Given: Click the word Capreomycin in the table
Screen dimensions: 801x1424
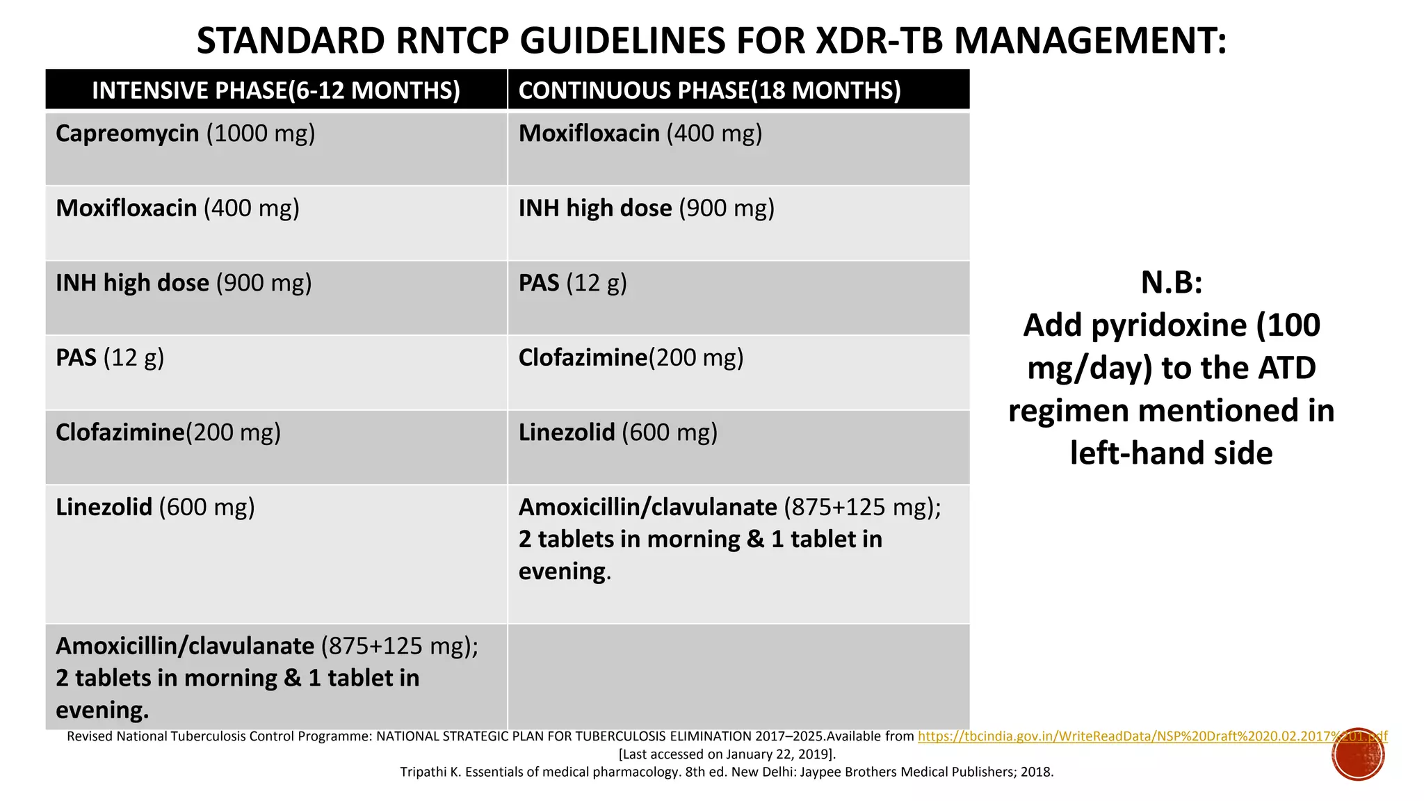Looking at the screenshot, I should [127, 133].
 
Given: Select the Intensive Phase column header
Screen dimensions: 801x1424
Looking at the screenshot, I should [276, 90].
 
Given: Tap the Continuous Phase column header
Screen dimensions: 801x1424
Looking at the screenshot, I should [709, 90].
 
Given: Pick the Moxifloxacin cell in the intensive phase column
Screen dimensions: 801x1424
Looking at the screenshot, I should [177, 208].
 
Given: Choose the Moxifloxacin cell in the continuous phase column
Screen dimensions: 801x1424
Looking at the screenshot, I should [640, 133].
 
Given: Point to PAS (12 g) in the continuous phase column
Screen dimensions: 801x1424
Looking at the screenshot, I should [572, 283].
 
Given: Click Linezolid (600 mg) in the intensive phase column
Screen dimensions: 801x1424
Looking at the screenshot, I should [155, 507].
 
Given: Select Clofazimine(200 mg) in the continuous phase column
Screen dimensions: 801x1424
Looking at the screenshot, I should [631, 357].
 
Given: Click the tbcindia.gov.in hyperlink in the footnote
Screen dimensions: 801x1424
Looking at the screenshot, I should [1152, 736].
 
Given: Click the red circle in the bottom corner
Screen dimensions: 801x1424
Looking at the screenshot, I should [1358, 754].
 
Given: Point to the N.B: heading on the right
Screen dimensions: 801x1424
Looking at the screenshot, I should [1172, 282].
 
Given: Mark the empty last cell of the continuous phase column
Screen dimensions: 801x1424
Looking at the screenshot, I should [738, 677].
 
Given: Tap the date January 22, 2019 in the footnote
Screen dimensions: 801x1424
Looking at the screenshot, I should [778, 754].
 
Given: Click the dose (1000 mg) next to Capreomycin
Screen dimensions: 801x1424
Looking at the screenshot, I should [261, 133].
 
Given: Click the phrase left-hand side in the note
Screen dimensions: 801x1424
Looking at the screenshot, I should [1171, 453].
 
